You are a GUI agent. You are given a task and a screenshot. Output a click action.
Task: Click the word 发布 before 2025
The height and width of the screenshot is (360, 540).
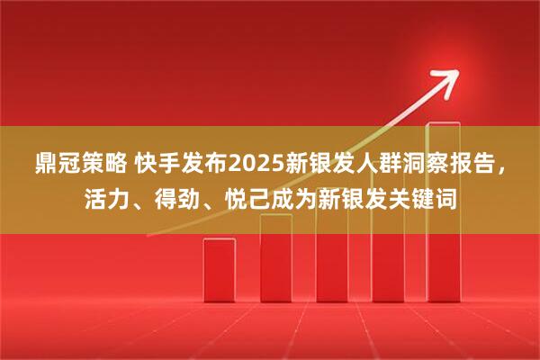coord(206,164)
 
